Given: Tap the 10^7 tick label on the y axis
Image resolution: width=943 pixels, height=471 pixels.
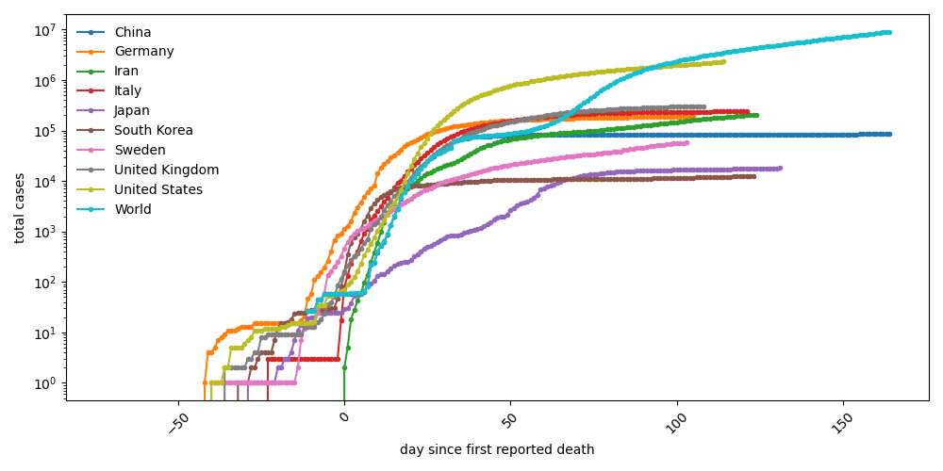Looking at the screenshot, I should tap(43, 30).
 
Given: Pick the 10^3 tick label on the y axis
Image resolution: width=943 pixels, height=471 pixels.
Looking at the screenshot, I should tap(43, 232).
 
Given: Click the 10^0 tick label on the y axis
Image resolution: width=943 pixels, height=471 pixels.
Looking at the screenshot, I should tap(43, 383).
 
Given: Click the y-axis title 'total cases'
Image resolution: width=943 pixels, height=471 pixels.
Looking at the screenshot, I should tap(20, 207).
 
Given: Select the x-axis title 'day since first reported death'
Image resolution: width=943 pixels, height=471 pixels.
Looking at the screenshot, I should tap(497, 450).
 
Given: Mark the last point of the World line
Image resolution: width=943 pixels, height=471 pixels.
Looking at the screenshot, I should tap(888, 32).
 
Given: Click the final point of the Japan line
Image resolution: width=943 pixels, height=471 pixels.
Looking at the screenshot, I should tap(779, 169).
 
